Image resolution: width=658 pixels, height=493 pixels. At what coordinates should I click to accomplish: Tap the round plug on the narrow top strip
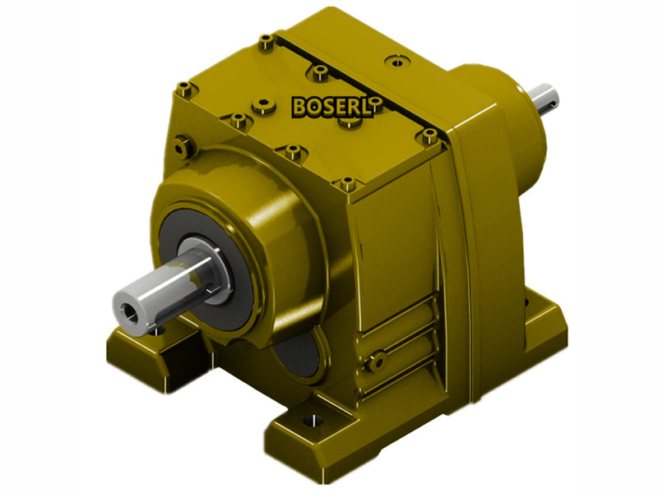pos(398,61)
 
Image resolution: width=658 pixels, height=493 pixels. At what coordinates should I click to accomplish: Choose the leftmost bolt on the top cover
pos(184,90)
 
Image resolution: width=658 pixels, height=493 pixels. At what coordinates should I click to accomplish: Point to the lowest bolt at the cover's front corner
pos(348,182)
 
